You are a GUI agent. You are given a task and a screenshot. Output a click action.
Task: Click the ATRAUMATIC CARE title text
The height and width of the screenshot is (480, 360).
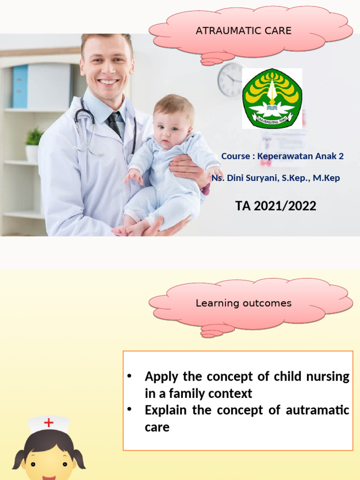point(243,31)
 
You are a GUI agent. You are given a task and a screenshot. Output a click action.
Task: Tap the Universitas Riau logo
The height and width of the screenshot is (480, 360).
point(272,98)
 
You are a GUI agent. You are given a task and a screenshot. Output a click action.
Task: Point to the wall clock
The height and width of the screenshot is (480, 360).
point(230,80)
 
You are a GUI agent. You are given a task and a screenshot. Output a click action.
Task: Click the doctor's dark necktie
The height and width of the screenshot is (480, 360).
point(114,124)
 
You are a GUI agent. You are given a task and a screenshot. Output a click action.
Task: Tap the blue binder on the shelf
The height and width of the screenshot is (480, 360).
point(20,86)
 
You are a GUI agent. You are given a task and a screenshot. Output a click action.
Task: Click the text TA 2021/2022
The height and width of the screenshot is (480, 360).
point(276,206)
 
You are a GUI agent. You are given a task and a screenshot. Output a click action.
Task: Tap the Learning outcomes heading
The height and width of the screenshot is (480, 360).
point(243,303)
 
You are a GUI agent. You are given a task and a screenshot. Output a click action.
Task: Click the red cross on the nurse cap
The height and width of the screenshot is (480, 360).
point(49,423)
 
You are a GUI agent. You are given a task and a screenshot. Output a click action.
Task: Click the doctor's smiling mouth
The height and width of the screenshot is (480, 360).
point(108,82)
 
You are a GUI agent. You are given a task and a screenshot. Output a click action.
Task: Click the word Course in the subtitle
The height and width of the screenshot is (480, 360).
point(235,156)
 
